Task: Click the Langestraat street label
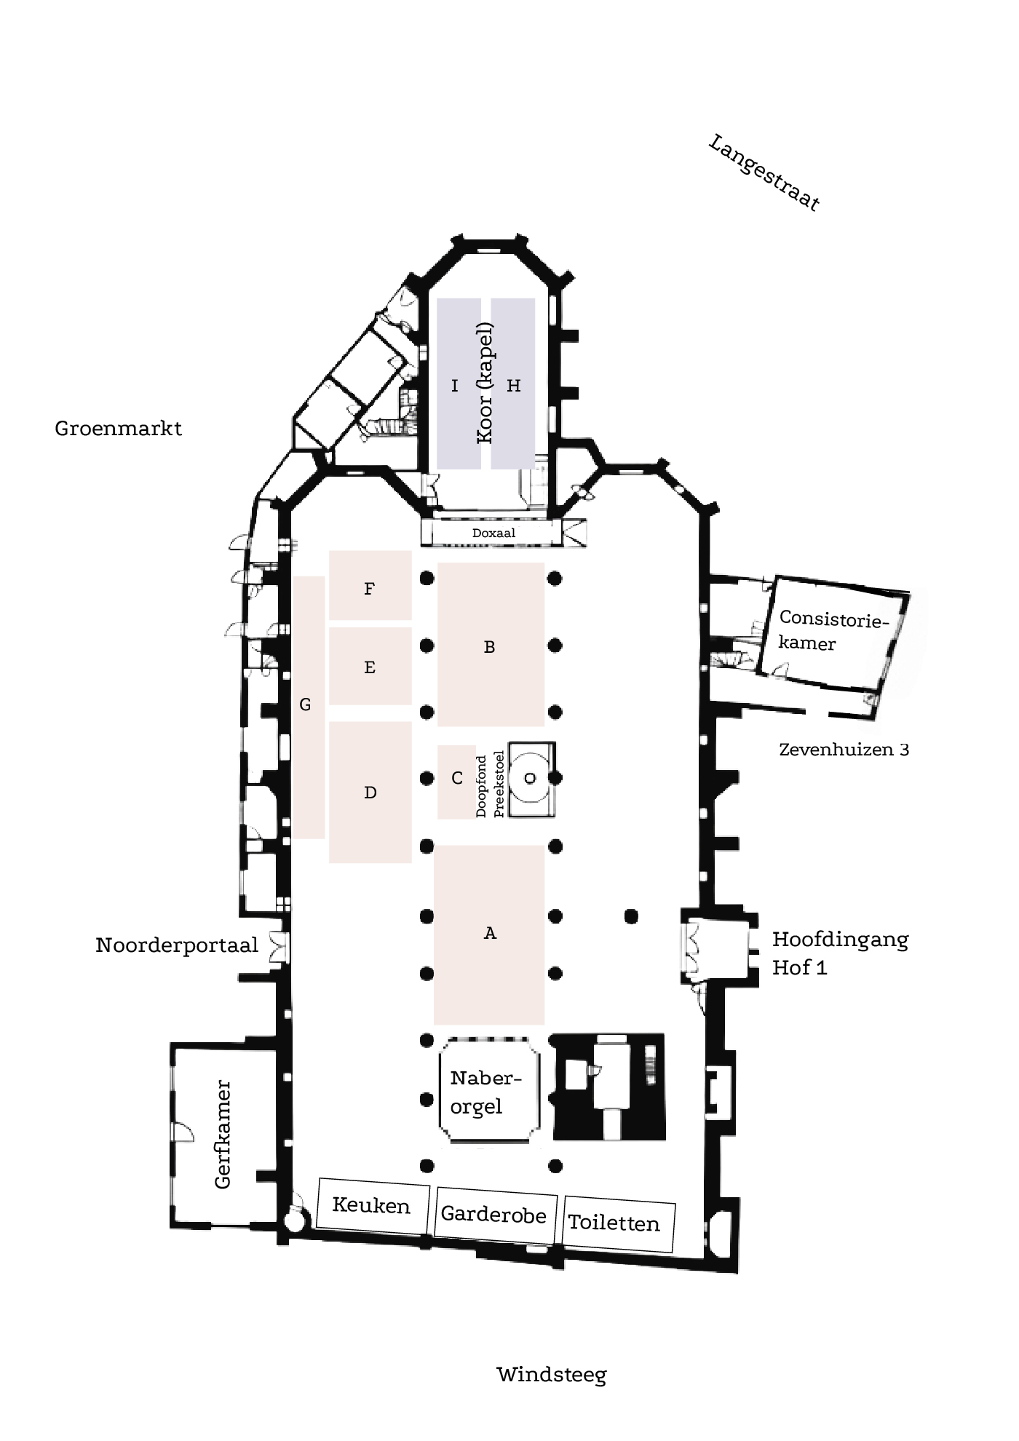click(x=764, y=173)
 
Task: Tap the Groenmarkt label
click(x=118, y=428)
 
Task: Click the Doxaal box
click(x=493, y=533)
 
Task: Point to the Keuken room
click(x=371, y=1205)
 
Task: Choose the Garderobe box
click(x=493, y=1214)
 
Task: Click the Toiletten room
click(x=614, y=1223)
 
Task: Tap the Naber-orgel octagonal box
click(x=488, y=1092)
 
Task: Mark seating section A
click(x=489, y=934)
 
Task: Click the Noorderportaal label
click(x=177, y=945)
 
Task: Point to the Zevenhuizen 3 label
click(x=844, y=750)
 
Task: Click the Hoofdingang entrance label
click(x=840, y=940)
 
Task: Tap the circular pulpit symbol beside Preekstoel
click(x=530, y=779)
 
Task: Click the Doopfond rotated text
click(x=481, y=786)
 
